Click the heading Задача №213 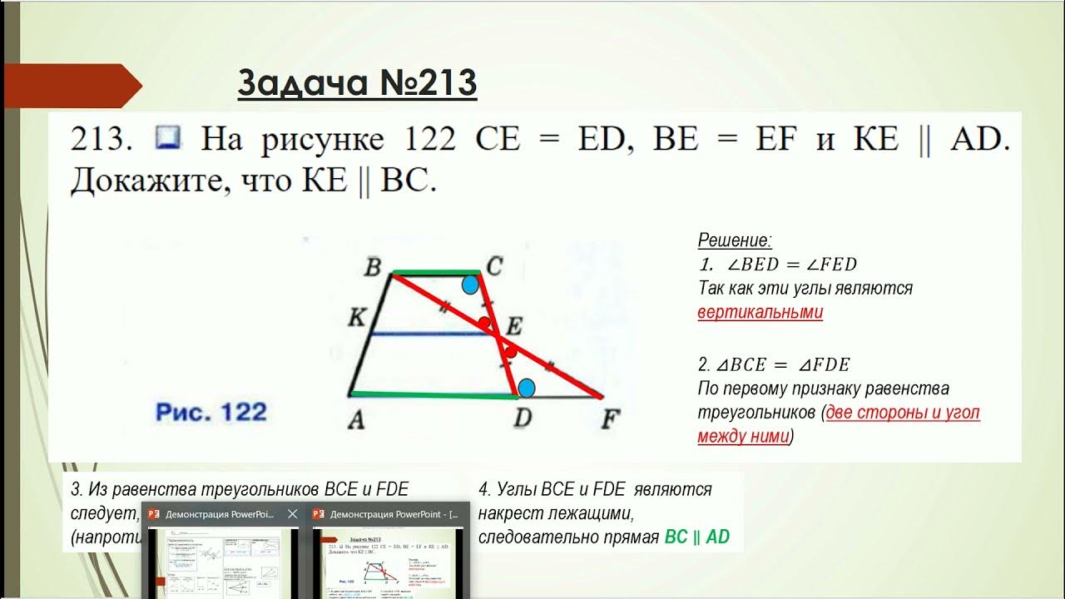357,83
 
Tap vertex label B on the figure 373,268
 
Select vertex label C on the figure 494,267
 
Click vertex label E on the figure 516,324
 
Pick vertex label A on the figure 355,420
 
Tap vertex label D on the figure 522,418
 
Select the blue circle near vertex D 527,388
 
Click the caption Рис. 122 211,412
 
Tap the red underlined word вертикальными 760,313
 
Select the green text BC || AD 696,537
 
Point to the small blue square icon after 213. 167,138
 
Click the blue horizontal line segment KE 428,334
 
